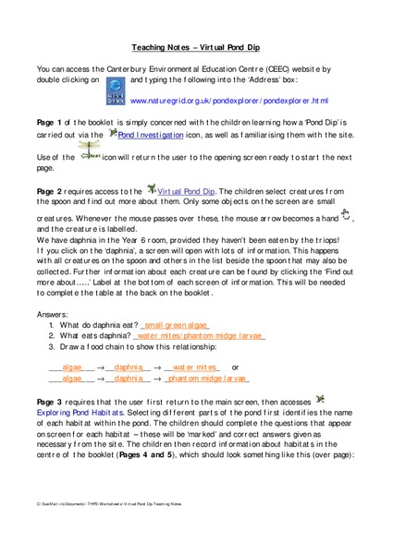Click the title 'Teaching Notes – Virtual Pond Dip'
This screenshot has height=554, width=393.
coord(196,44)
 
